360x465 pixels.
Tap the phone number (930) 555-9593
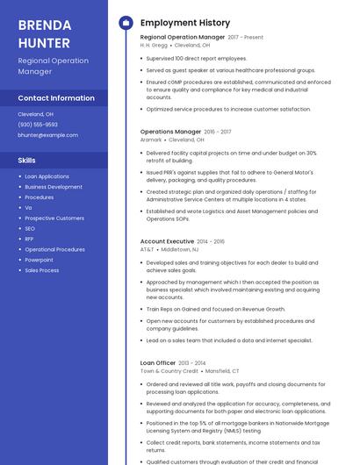tap(38, 125)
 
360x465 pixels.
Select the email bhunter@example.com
tap(47, 135)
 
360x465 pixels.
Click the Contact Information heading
tap(56, 98)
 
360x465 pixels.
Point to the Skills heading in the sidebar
tap(27, 161)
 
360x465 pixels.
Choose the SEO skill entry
tap(29, 228)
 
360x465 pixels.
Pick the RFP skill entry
tap(29, 239)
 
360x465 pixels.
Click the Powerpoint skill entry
tap(39, 260)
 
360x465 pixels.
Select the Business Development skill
tap(54, 187)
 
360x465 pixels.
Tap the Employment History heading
tap(185, 23)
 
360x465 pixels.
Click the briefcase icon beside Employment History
tap(126, 23)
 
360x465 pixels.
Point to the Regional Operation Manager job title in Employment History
tap(183, 38)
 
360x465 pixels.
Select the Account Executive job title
tap(167, 241)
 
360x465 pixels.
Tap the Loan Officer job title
tap(158, 362)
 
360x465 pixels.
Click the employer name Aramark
tap(151, 139)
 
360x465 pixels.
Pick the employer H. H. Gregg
tap(155, 45)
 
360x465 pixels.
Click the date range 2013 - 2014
tap(192, 362)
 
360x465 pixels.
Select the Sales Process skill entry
tap(42, 270)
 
